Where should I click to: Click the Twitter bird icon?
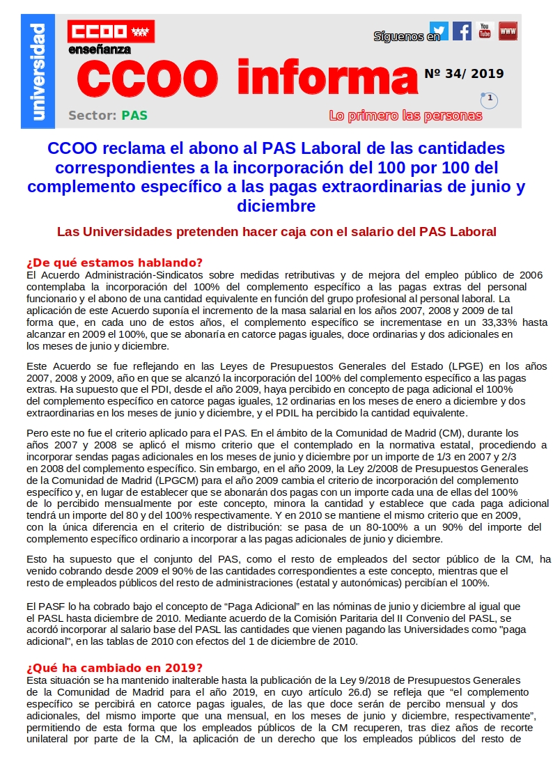439,31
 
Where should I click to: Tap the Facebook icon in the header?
462,31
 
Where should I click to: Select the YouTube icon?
485,31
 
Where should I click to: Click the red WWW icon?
508,31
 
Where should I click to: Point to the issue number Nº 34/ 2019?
464,74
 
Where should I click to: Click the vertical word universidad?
38,71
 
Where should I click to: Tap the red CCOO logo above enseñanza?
111,32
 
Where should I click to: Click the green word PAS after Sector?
134,116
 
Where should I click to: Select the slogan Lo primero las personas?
405,116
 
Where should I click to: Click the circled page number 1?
490,99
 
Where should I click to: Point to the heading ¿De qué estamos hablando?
114,263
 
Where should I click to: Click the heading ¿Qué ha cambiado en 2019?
114,668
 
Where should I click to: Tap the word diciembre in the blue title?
276,206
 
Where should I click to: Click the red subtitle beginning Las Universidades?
276,231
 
